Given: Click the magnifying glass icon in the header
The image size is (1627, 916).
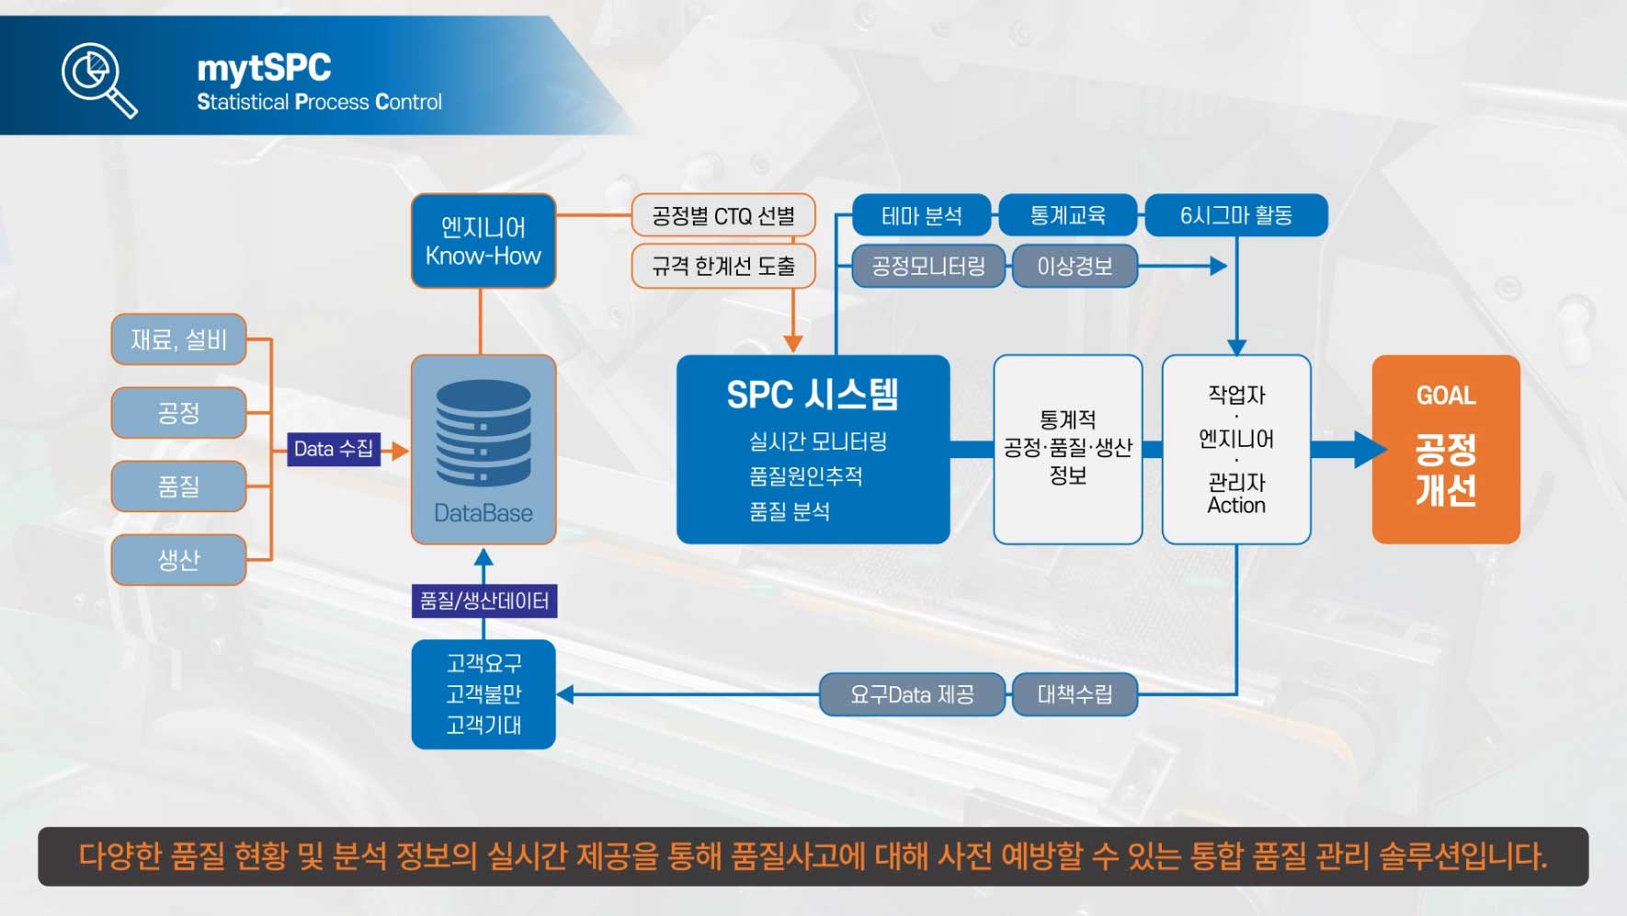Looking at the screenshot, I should click(98, 79).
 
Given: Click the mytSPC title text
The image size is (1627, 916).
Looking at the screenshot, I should click(264, 68).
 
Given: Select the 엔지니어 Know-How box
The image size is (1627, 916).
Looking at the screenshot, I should click(484, 241).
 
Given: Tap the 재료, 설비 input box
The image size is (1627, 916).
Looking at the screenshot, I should click(178, 339).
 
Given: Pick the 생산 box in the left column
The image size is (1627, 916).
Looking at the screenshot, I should click(178, 559).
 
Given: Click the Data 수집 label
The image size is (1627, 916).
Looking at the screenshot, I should click(333, 449).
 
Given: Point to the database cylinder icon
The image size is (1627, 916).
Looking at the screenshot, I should click(484, 432).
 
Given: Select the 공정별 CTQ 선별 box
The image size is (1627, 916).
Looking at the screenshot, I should click(723, 216).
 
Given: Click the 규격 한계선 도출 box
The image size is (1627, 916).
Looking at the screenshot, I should click(723, 266).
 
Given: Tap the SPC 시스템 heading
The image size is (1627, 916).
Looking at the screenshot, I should click(812, 395).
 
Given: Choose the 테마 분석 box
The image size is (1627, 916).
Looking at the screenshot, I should click(922, 216).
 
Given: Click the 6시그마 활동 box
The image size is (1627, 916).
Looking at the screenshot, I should click(1235, 216).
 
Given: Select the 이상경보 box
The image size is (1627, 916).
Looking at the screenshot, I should click(1075, 266).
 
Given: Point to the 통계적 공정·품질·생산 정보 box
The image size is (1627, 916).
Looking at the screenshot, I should click(1067, 449).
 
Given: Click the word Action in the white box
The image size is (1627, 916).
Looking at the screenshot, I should click(1236, 506).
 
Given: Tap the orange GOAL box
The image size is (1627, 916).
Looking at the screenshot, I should click(1445, 449).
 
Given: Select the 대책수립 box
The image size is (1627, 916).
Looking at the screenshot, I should click(1075, 694).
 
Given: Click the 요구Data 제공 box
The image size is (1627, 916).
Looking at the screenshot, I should click(912, 694).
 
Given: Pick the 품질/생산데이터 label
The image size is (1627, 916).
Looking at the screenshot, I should click(484, 601).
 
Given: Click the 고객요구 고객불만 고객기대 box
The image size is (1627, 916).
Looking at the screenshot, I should click(484, 694).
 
